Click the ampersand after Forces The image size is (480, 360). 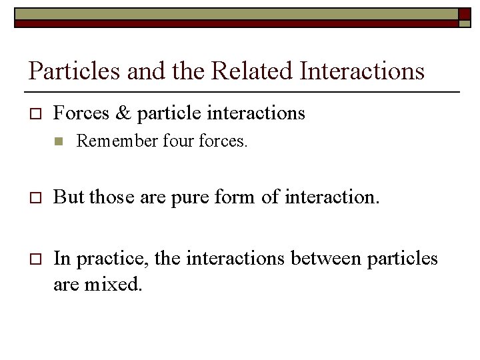coord(123,113)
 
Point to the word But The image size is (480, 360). coord(69,197)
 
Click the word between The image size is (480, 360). coord(325,259)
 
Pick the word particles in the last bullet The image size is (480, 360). coord(403,259)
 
